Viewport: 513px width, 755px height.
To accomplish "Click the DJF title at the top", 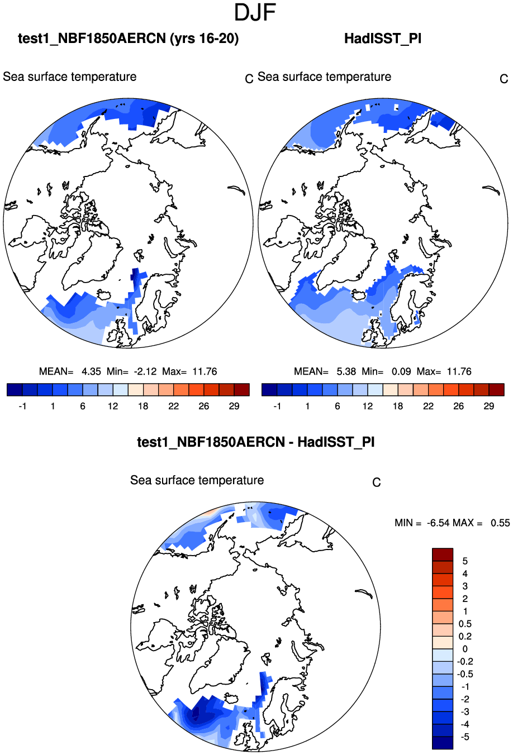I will point(256,12).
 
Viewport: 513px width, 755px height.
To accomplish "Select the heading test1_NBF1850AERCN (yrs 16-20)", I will point(129,39).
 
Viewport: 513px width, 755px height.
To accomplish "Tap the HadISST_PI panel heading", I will point(383,39).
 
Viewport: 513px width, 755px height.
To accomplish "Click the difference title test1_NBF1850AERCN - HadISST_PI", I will point(256,442).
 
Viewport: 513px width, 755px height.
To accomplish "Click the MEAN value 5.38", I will point(346,371).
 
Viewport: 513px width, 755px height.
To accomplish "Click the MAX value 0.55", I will point(500,523).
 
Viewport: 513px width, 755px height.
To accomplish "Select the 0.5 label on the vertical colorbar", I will point(465,624).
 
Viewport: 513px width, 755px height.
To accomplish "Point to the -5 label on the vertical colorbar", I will point(464,737).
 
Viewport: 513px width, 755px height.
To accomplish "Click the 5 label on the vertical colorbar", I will point(465,561).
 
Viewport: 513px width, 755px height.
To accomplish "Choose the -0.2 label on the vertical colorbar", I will point(465,662).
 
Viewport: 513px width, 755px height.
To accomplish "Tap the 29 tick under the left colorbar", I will point(234,406).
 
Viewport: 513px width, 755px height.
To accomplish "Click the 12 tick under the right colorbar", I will point(367,406).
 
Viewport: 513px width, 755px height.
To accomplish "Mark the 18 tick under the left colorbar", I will point(143,406).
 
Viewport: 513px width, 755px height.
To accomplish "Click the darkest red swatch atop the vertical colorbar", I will point(442,555).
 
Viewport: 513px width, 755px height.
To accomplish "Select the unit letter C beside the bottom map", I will point(377,482).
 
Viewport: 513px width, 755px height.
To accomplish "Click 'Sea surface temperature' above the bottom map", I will point(197,480).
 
